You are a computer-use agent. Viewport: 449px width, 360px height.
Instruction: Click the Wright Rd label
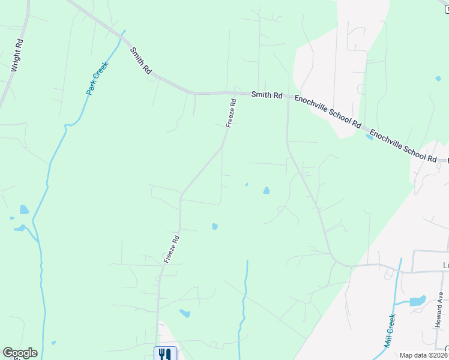pyautogui.click(x=17, y=56)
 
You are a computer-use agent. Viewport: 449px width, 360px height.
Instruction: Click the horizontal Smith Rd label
pyautogui.click(x=267, y=94)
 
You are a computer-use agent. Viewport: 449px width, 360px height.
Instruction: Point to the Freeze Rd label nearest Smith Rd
pyautogui.click(x=231, y=113)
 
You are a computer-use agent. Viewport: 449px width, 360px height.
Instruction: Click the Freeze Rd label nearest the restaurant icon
pyautogui.click(x=172, y=248)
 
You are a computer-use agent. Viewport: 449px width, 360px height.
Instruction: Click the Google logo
pyautogui.click(x=20, y=353)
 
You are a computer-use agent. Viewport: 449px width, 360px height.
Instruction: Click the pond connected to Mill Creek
pyautogui.click(x=415, y=301)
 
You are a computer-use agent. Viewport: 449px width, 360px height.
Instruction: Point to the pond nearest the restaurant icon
pyautogui.click(x=185, y=313)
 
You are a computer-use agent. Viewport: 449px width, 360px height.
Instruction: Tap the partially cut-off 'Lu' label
pyautogui.click(x=445, y=264)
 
